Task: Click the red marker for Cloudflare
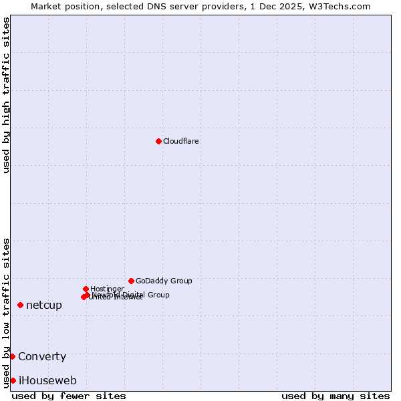[x=158, y=141]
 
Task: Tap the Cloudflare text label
[x=180, y=141]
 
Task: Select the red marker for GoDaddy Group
[x=131, y=281]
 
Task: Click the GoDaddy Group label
[x=164, y=281]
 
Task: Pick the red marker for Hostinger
[x=86, y=289]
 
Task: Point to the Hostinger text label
[x=107, y=289]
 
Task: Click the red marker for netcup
[x=20, y=305]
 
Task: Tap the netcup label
[x=44, y=305]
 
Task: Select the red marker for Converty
[x=12, y=356]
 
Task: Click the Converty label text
[x=42, y=357]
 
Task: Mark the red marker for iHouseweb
[x=13, y=380]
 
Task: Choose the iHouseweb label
[x=47, y=381]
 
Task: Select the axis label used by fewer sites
[x=69, y=396]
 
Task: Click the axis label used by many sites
[x=336, y=396]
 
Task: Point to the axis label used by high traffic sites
[x=6, y=95]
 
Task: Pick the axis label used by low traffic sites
[x=6, y=312]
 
